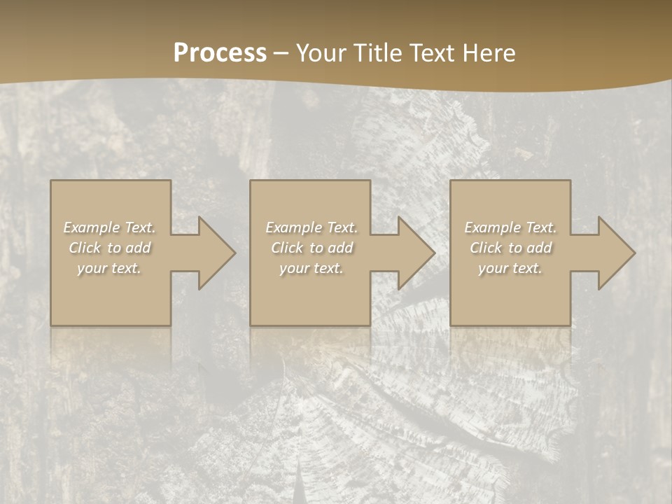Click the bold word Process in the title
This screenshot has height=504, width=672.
pyautogui.click(x=220, y=53)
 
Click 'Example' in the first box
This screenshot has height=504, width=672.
pyautogui.click(x=92, y=227)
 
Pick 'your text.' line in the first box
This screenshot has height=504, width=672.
pyautogui.click(x=109, y=268)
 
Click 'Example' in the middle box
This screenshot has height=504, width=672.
pyautogui.click(x=293, y=227)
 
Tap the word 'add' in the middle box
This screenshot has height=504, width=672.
pyautogui.click(x=340, y=248)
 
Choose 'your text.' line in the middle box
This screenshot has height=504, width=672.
pyautogui.click(x=311, y=268)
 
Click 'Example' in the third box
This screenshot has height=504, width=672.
pyautogui.click(x=492, y=227)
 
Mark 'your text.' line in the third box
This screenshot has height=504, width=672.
pyautogui.click(x=510, y=268)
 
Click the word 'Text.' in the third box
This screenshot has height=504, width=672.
pyautogui.click(x=540, y=227)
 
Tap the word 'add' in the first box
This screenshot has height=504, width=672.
pyautogui.click(x=138, y=248)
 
